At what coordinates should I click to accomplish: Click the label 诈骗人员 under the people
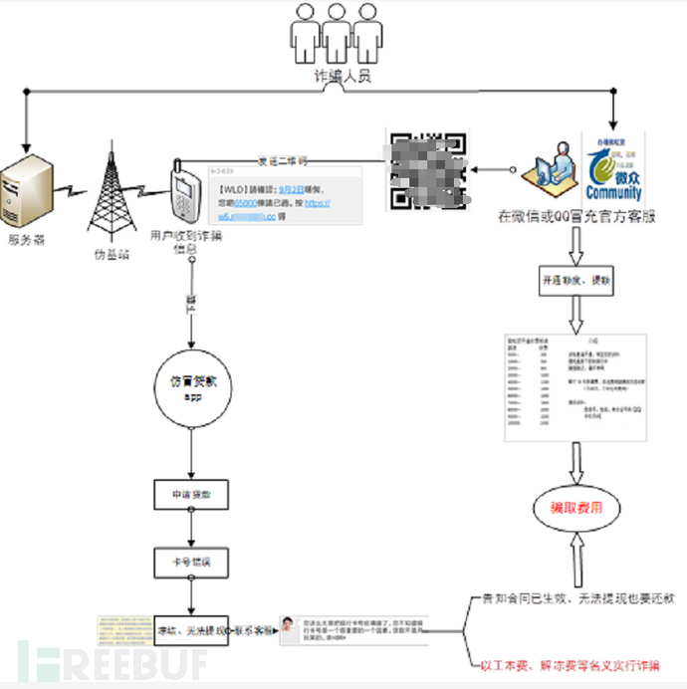point(343,77)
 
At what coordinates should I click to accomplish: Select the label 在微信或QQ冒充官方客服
point(577,216)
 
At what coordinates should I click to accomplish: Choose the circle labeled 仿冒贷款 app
point(193,387)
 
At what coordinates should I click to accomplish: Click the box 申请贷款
point(193,494)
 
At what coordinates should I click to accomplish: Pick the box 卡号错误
point(193,563)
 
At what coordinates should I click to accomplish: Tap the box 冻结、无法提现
point(193,630)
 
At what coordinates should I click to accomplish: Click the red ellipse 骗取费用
point(576,507)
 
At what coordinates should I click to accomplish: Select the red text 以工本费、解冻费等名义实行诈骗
point(568,665)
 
